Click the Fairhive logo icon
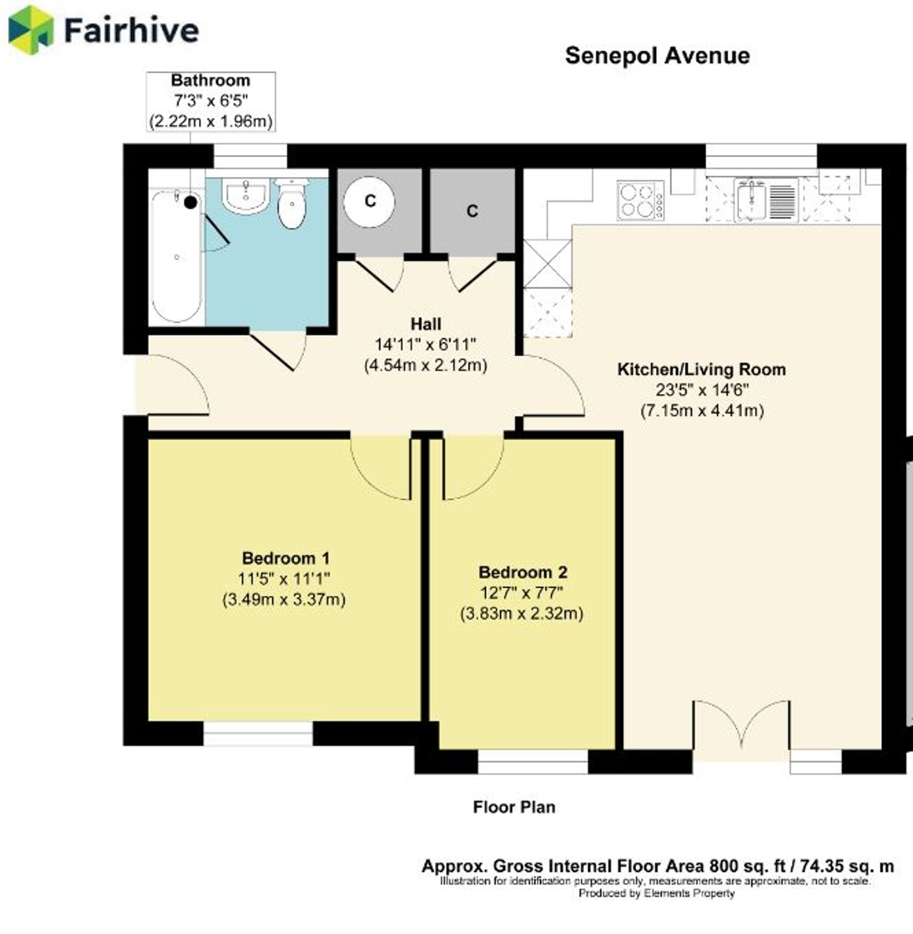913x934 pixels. tap(31, 30)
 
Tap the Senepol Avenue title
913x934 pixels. tap(657, 56)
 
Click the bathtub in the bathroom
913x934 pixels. tap(176, 256)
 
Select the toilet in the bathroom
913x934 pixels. tap(292, 203)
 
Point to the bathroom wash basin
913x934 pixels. tap(246, 196)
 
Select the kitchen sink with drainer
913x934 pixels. tap(766, 200)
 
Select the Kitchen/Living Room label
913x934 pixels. tap(702, 369)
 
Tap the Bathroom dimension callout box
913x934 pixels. tap(211, 101)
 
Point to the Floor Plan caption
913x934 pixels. tap(514, 807)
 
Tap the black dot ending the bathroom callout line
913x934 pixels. tap(191, 202)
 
